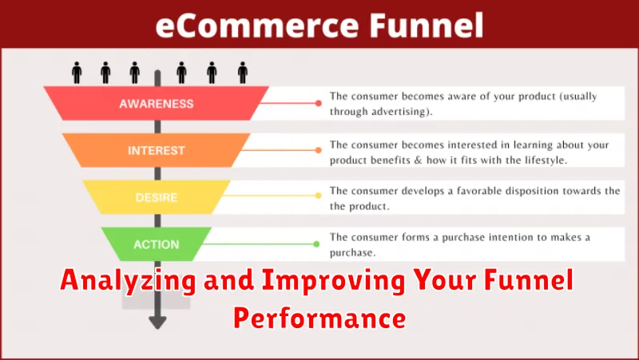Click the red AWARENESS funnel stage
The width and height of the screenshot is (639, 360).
(x=157, y=104)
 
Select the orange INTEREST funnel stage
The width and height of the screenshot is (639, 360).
(x=157, y=150)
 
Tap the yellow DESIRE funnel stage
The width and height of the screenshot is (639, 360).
(x=157, y=197)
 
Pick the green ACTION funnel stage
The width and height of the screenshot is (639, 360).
(x=157, y=244)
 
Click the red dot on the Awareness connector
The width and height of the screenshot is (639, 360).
(x=318, y=104)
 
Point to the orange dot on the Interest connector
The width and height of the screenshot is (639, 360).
(x=318, y=150)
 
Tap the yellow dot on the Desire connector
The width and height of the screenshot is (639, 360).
(x=318, y=196)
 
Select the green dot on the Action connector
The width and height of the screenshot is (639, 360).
(x=316, y=244)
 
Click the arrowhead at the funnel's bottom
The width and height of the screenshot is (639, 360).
(x=157, y=322)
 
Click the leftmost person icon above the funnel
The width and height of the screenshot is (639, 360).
(x=77, y=73)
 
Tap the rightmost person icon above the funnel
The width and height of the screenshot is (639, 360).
(x=243, y=73)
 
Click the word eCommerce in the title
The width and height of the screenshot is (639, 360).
(x=257, y=26)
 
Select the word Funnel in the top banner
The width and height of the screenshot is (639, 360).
(x=427, y=26)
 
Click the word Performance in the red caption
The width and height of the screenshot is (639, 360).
(x=319, y=318)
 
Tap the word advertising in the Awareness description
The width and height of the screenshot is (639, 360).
(x=400, y=112)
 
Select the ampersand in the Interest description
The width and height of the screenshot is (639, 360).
(x=418, y=160)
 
